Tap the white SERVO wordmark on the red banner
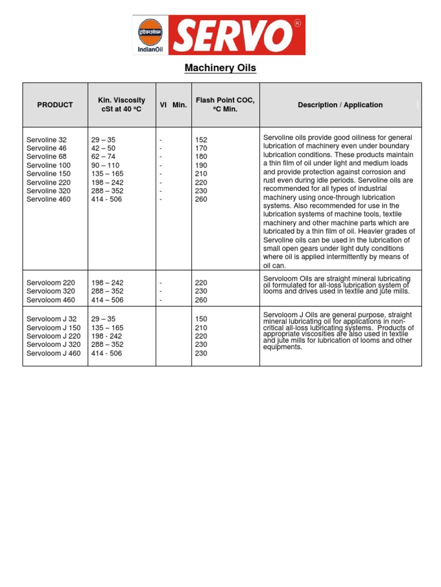(229, 36)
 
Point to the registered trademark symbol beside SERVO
(297, 24)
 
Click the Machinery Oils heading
(220, 68)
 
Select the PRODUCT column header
(55, 105)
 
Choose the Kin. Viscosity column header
(122, 105)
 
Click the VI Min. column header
(173, 105)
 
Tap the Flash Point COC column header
(225, 105)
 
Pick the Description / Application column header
(340, 105)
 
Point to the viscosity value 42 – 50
(103, 148)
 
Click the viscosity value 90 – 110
(105, 165)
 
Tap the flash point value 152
(201, 139)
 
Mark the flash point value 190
(201, 165)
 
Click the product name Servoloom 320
(51, 291)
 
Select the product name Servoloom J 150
(53, 328)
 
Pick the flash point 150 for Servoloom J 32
(201, 319)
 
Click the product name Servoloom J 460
(53, 354)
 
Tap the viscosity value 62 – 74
(103, 156)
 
